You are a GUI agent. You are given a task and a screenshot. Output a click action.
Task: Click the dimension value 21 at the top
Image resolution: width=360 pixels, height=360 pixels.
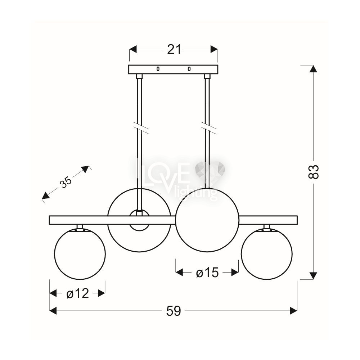point(174,49)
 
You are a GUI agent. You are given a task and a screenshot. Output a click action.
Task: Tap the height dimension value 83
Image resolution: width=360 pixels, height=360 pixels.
point(313,171)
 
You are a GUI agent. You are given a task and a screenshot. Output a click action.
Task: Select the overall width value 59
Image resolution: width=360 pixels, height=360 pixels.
point(174,311)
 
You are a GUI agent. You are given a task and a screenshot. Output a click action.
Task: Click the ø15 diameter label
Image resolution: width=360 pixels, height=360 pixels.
point(207,273)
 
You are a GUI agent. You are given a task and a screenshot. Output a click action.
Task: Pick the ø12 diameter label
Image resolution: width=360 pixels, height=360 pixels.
point(78,293)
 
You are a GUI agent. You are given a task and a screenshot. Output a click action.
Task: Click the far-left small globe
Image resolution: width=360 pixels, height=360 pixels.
point(80,254)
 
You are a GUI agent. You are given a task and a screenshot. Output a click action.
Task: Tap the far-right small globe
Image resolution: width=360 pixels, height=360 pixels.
point(266,254)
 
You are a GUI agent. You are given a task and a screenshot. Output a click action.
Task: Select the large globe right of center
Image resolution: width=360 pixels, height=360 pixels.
point(207,220)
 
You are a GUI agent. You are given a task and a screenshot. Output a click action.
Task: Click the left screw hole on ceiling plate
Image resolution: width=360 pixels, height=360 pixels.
point(158,69)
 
